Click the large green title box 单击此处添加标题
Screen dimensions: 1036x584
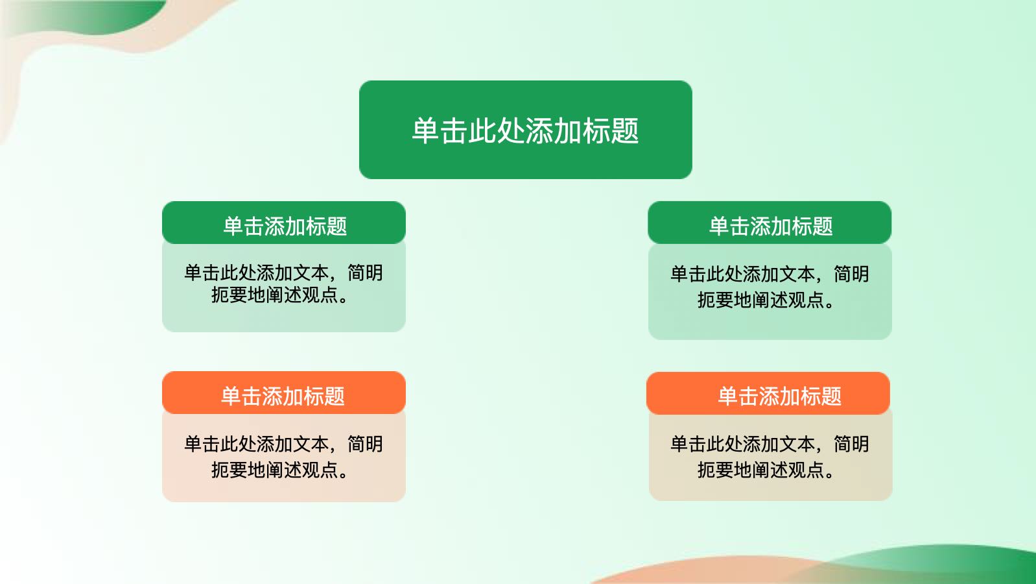click(525, 130)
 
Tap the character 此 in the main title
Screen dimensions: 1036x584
click(482, 131)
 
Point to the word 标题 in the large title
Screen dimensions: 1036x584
click(611, 131)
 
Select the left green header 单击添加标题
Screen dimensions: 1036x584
click(284, 223)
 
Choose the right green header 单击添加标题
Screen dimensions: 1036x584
click(770, 223)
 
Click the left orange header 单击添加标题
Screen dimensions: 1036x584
click(284, 393)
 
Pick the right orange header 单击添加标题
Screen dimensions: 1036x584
click(768, 393)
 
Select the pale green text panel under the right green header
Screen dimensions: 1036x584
click(770, 292)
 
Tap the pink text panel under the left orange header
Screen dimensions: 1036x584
click(284, 458)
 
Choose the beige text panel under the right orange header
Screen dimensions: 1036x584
click(771, 457)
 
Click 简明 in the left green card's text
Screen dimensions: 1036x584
click(365, 273)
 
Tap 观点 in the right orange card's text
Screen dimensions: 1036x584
click(806, 470)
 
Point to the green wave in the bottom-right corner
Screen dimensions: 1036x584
click(948, 562)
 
